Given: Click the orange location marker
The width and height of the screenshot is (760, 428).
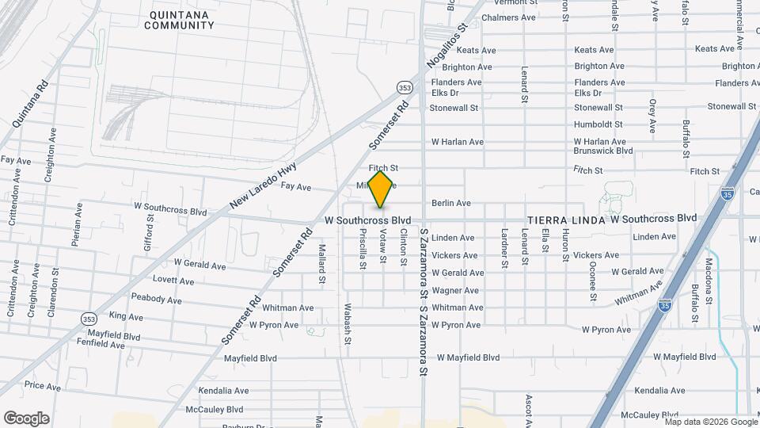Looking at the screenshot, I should click(381, 189).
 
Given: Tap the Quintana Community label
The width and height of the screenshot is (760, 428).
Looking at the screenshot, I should click(180, 19).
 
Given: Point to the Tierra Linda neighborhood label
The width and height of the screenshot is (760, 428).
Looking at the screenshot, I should click(565, 220).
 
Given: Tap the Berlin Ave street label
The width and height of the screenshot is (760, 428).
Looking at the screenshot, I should click(451, 203).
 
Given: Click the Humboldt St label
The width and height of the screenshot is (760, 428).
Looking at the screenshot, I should click(598, 124).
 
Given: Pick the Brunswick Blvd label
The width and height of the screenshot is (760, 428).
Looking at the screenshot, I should click(603, 150).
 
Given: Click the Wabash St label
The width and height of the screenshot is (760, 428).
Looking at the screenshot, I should click(348, 324).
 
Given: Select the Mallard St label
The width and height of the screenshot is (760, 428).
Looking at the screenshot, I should click(322, 264).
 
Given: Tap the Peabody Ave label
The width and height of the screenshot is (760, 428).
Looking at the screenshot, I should click(157, 300).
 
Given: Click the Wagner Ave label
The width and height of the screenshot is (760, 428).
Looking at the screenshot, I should click(455, 291).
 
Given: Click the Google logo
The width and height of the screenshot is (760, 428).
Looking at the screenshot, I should click(27, 418).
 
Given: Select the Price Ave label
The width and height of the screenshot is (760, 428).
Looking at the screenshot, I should click(43, 387).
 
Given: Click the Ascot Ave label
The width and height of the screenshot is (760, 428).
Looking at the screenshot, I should click(527, 405).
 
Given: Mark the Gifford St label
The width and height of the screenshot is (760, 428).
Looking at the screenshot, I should click(148, 229).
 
